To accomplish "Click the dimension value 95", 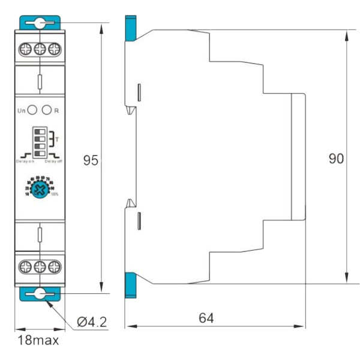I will (91, 161).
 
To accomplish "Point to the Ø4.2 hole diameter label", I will (91, 322).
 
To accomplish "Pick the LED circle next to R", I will (47, 110).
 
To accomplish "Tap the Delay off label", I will (53, 161).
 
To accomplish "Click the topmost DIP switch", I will (40, 130).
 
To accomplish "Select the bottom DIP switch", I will (40, 151).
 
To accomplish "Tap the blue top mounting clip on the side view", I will (130, 27).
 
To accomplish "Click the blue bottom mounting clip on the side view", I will (130, 285).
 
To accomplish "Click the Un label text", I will (22, 111).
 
